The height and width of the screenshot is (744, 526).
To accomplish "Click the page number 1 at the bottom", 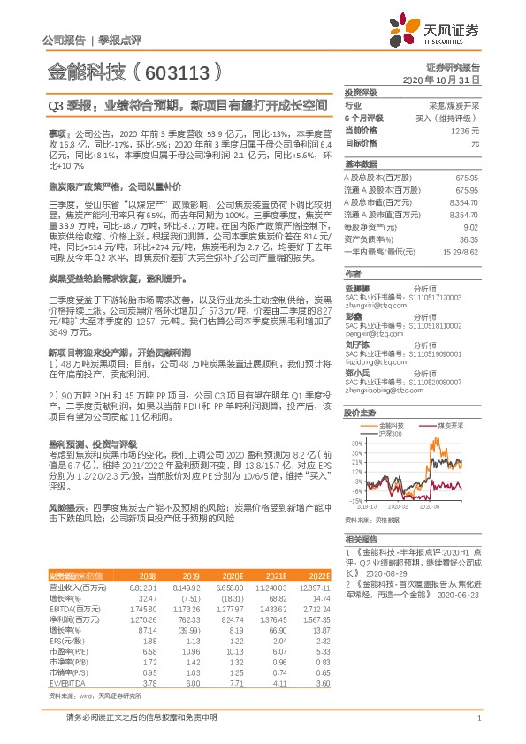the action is (x=477, y=728).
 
